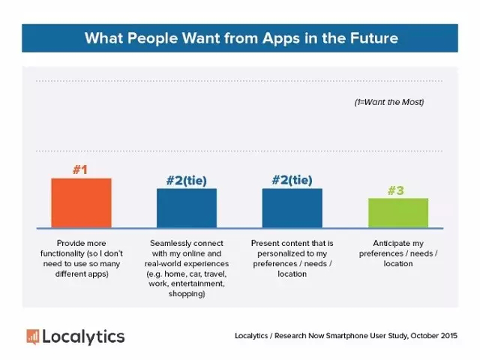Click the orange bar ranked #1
point(81,202)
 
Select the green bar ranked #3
point(397,212)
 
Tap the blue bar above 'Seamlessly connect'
point(186,208)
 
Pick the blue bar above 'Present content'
point(292,208)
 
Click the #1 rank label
point(80,170)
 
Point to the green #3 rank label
point(396,190)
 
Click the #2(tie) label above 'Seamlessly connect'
point(186,180)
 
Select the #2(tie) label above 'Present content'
point(292,180)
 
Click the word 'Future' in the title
point(368,37)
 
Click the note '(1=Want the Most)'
point(388,101)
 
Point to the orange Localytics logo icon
point(32,336)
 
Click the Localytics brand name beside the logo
point(83,336)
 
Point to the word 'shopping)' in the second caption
point(186,293)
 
